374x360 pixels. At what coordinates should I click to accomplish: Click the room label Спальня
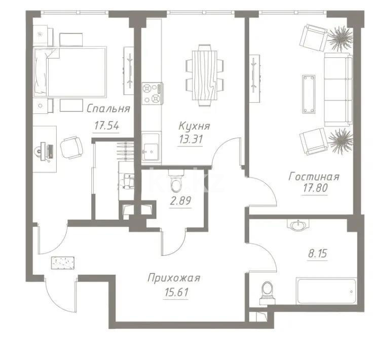(108, 108)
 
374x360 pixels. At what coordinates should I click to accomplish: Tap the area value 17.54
(106, 126)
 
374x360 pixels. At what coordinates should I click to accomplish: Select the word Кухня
(194, 126)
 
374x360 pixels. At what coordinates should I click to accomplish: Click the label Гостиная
(314, 177)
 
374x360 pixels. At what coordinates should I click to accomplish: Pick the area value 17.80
(314, 192)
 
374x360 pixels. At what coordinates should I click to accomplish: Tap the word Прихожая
(174, 277)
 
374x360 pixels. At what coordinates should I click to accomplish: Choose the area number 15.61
(173, 292)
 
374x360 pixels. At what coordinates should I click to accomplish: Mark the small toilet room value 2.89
(181, 202)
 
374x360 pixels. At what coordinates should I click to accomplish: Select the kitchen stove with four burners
(152, 94)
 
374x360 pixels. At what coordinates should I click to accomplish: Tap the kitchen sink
(150, 150)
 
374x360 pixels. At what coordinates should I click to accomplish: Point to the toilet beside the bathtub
(267, 291)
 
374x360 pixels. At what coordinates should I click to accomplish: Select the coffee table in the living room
(309, 94)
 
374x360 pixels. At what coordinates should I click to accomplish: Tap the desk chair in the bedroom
(71, 147)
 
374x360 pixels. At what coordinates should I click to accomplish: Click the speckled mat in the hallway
(63, 263)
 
